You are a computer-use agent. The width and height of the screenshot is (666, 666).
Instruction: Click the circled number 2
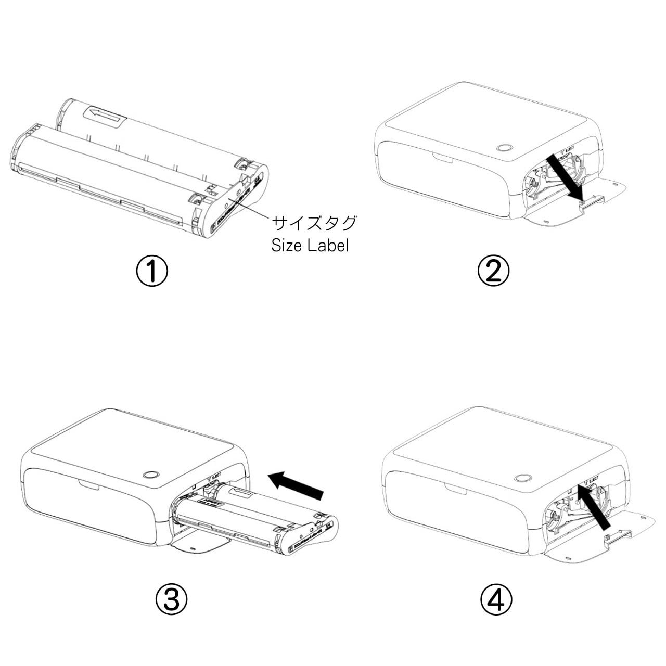tap(493, 271)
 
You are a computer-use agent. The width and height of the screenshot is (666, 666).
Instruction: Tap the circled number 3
tap(171, 599)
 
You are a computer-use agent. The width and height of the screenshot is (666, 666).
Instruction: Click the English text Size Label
tap(310, 246)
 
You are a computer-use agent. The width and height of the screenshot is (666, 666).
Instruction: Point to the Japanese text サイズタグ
tap(315, 223)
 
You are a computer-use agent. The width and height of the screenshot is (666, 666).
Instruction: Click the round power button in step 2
tap(504, 147)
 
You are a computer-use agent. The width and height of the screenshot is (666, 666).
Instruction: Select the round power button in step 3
tap(151, 475)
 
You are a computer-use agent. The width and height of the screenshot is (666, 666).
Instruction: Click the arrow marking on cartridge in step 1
tap(106, 115)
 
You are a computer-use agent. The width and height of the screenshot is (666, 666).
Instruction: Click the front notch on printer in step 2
tap(443, 157)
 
